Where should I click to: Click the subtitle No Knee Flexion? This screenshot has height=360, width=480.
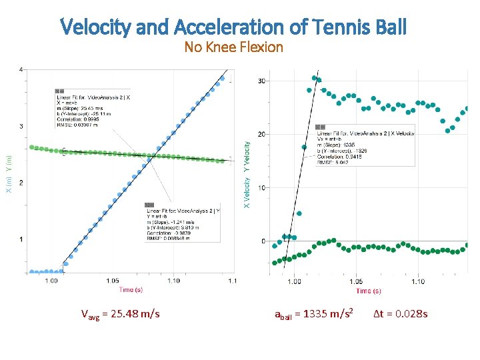pos(234,47)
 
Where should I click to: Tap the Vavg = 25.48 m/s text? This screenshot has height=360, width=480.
pos(120,313)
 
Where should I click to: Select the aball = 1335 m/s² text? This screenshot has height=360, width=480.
pos(313,313)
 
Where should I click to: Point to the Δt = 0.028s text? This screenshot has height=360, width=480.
pos(400,313)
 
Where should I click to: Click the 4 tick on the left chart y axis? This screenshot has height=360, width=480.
pos(21,70)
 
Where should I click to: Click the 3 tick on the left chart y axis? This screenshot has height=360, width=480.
pos(21,126)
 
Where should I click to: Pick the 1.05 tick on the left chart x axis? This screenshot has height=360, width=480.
pos(113,281)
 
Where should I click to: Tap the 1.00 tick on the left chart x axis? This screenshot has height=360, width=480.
pos(51,281)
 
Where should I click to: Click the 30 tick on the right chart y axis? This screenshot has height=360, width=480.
pos(261,81)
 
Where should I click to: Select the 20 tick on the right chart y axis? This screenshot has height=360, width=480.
pos(261,135)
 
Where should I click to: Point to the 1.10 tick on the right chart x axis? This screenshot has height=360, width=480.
pos(417,281)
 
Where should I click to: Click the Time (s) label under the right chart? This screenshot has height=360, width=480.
pos(369,291)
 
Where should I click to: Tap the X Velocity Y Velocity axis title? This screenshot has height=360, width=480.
pos(247,173)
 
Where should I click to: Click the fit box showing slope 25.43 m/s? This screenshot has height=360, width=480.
pos(93,110)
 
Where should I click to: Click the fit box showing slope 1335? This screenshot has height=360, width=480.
pos(364,144)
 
